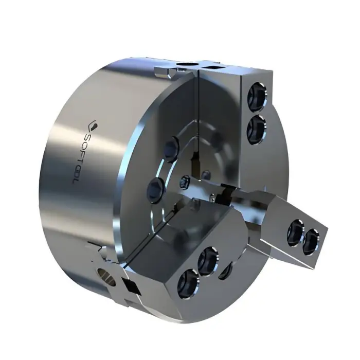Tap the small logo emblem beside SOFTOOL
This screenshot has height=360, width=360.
94,124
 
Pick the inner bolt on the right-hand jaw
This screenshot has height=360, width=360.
296,231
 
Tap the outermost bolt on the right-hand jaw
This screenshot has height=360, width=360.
311,241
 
